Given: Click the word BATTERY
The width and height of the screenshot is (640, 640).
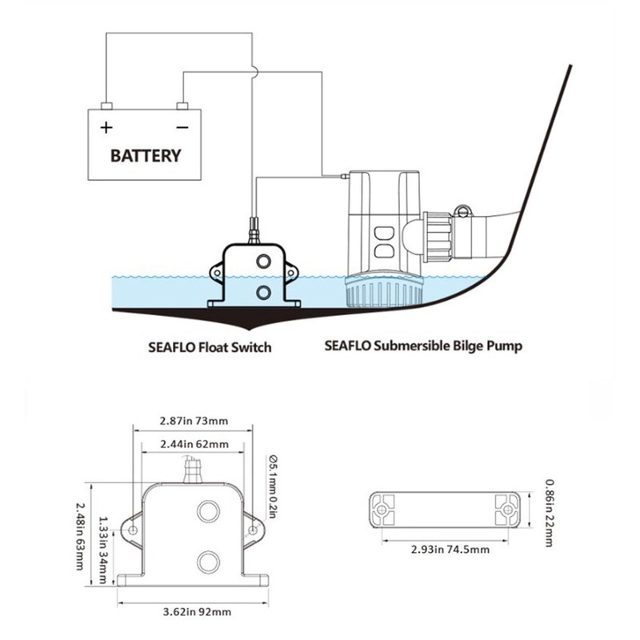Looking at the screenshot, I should tap(145, 155).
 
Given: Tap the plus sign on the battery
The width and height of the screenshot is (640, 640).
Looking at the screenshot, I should tap(105, 127).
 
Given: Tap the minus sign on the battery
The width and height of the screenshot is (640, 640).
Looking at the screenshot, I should tap(182, 127).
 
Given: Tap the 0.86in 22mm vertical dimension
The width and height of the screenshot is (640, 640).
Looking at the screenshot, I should tap(550, 513).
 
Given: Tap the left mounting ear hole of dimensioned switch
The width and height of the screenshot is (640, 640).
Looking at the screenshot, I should tap(131, 530).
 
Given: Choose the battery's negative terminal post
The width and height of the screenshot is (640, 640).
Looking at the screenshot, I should tap(182, 106).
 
